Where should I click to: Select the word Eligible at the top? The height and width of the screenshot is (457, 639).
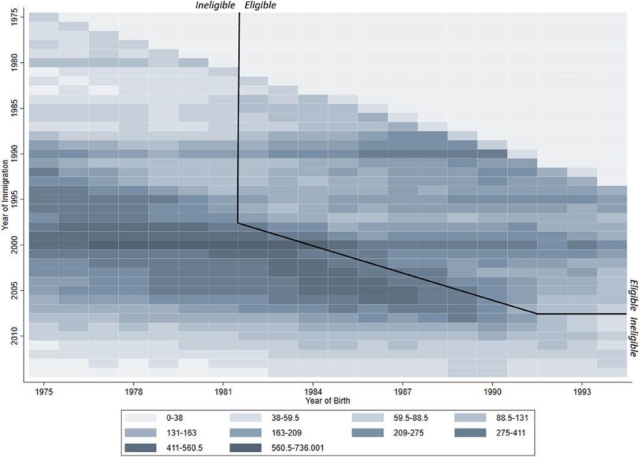[260, 5]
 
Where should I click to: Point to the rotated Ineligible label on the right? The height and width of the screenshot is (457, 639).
[634, 337]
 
